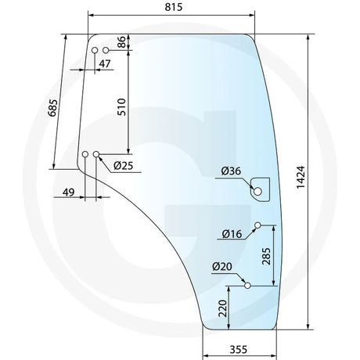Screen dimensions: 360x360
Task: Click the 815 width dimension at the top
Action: point(174,7)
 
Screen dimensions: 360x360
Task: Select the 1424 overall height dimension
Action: point(301,177)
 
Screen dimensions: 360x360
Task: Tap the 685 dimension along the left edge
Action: point(53,108)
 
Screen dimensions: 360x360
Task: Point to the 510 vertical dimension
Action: point(121,107)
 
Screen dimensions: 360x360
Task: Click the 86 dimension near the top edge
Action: point(121,42)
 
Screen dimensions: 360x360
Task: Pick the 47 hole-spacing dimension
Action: point(105,63)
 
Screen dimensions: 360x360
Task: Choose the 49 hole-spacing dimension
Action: point(69,193)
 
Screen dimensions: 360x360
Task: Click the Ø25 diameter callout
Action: point(124,165)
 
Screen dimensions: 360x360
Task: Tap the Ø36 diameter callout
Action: point(231,171)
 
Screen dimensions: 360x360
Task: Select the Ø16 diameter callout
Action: point(232,234)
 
